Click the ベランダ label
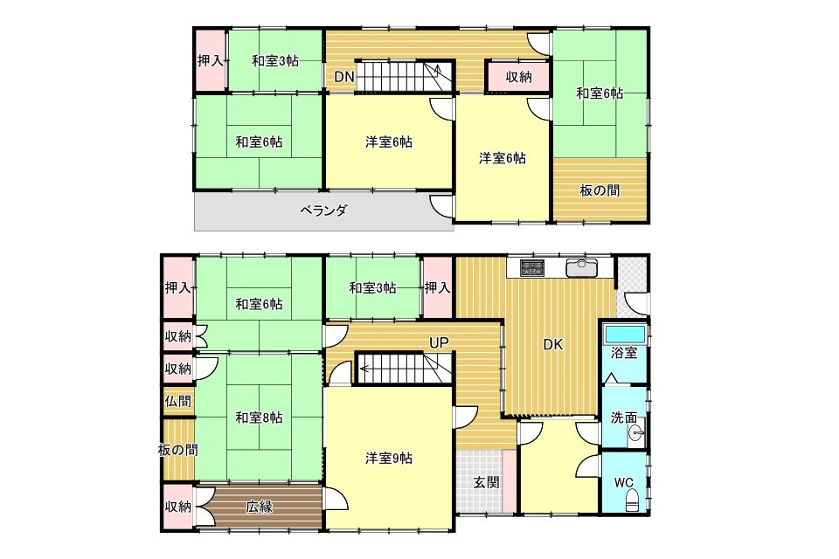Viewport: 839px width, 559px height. (323, 210)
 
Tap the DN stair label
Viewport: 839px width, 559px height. (344, 77)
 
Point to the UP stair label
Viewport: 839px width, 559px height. (438, 343)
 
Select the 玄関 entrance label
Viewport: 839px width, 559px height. (487, 482)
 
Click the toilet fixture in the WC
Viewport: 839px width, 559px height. (632, 500)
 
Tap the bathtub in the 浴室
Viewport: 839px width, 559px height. (624, 335)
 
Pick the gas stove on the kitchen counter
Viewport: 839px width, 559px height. (532, 267)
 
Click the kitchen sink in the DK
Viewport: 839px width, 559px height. (582, 267)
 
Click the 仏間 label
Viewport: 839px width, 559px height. (177, 401)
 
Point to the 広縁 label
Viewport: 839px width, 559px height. (259, 506)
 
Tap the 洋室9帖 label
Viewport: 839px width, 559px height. (388, 459)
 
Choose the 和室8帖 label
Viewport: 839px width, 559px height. (259, 417)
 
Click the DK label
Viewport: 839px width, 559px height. (553, 344)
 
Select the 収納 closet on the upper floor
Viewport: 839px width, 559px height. (518, 77)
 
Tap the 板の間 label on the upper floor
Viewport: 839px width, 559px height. (600, 190)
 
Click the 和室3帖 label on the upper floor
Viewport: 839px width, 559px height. (275, 61)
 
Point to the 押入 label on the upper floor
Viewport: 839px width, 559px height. (211, 61)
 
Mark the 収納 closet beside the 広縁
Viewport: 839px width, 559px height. (178, 507)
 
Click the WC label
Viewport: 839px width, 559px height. (624, 482)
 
